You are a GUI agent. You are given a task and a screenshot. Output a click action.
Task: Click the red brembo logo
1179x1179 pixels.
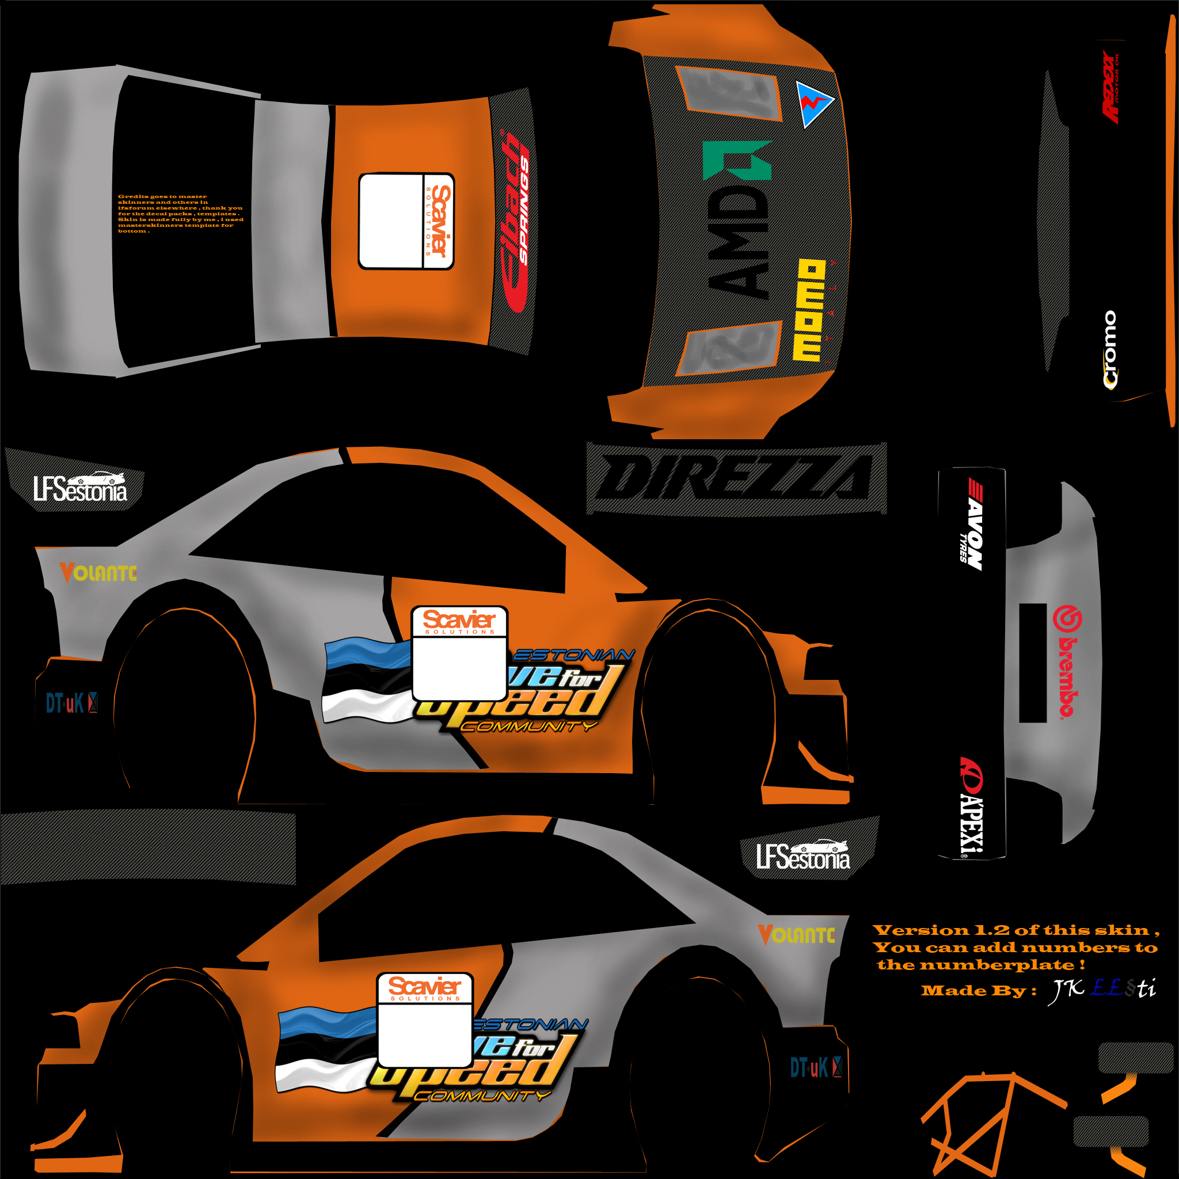[x=1067, y=661]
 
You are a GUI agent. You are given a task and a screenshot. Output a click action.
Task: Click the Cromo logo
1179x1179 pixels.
[x=1110, y=349]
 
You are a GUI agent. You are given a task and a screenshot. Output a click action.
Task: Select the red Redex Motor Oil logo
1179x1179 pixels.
[x=1111, y=88]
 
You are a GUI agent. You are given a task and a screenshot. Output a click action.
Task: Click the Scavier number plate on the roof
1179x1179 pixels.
[x=406, y=221]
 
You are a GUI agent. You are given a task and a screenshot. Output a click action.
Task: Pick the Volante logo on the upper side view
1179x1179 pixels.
[x=98, y=572]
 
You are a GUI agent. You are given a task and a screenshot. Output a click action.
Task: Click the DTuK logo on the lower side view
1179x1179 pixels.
[x=815, y=1067]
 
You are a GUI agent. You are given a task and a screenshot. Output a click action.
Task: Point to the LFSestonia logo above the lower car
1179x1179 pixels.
[x=803, y=855]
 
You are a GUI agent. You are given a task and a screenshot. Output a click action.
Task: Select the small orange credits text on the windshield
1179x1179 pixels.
[x=180, y=214]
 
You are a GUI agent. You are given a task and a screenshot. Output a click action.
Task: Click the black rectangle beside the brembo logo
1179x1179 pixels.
[x=1033, y=663]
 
